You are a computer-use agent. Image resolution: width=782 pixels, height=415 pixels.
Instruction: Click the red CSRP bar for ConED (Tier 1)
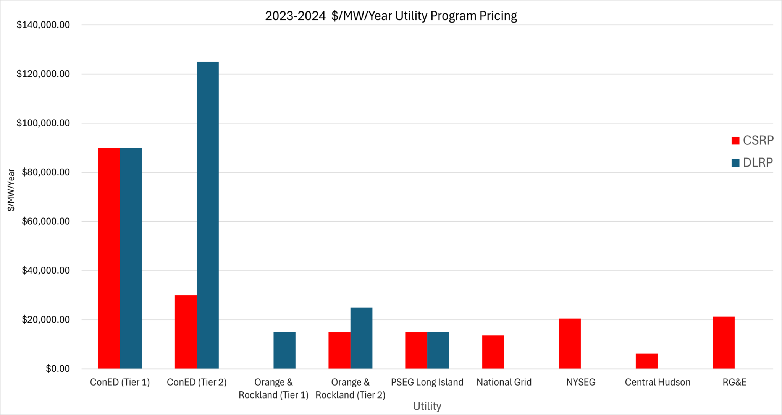coord(109,258)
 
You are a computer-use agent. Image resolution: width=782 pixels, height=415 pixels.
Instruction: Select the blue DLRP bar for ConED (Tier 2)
coord(208,215)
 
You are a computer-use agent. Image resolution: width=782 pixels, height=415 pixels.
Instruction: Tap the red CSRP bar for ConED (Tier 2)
coord(186,332)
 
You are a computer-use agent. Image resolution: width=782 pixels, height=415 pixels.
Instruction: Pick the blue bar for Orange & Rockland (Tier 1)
coord(284,350)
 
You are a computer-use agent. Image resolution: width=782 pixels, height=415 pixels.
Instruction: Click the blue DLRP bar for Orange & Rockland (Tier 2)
coord(361,338)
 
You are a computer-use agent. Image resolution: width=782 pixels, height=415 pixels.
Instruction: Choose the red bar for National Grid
coord(493,352)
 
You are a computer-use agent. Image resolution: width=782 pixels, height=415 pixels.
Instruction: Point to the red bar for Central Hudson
coord(646,361)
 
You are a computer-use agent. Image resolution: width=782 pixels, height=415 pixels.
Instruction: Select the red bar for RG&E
coord(723,343)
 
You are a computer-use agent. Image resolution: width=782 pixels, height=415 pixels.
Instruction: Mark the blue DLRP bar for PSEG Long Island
coord(438,350)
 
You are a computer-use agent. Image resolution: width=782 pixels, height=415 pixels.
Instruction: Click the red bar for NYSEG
coord(570,344)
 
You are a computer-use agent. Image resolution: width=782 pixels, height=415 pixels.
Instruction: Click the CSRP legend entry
coord(753,141)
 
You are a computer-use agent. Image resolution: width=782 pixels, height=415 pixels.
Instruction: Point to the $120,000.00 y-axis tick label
coord(43,74)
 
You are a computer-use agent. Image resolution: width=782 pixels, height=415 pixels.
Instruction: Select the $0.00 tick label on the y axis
coord(58,369)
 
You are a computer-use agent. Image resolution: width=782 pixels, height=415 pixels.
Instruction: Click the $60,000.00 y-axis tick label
coord(46,221)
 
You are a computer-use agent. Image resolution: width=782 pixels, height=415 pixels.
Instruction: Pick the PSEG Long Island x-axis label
coord(427,382)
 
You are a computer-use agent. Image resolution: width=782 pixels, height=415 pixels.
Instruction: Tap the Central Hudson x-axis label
coord(658,382)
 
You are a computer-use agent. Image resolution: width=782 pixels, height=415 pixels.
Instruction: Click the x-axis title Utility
coord(427,406)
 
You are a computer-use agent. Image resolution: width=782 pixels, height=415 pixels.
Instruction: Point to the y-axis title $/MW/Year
coord(11,190)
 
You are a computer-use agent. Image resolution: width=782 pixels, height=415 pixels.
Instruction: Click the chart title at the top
coord(391,16)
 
